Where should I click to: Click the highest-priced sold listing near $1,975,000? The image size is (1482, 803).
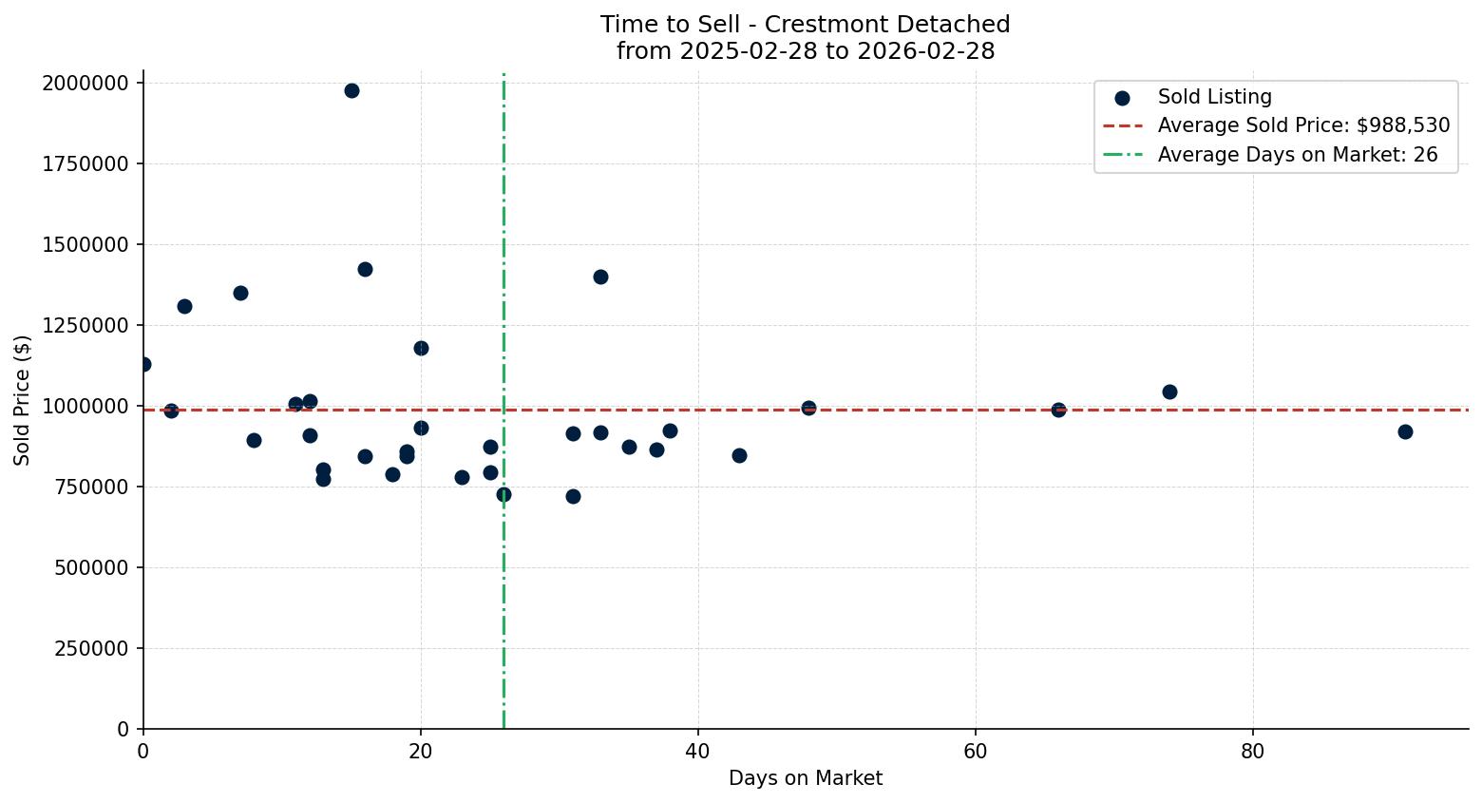[351, 91]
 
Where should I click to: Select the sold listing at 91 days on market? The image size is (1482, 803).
[1405, 432]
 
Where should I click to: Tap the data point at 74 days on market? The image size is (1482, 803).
[1169, 392]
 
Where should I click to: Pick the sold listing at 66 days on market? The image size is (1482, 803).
[1058, 411]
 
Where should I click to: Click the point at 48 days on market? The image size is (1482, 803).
[808, 409]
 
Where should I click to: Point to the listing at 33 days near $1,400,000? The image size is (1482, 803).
[600, 277]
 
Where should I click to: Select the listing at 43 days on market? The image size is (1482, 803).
[739, 456]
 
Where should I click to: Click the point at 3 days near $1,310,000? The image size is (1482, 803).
[184, 307]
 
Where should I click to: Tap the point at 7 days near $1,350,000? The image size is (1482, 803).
[240, 294]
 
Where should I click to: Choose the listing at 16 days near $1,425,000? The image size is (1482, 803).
[365, 270]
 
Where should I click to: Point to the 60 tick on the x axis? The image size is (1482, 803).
[976, 752]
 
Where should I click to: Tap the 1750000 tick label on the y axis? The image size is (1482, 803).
[85, 164]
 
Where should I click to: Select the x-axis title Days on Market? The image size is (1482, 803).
[805, 779]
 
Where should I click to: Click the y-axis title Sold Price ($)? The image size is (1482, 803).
[23, 400]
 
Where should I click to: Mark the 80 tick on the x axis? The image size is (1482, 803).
[1253, 752]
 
